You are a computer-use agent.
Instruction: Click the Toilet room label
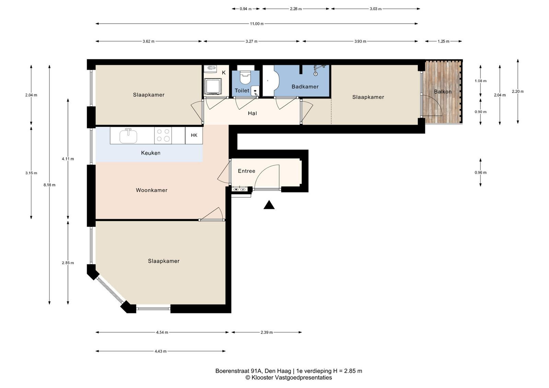(242, 90)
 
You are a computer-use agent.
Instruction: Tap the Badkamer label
(305, 87)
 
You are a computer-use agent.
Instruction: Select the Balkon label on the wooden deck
(443, 92)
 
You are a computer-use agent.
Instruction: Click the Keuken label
(151, 153)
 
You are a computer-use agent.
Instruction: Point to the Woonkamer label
(151, 190)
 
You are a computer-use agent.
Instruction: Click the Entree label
(247, 171)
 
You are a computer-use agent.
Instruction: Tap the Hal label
(252, 113)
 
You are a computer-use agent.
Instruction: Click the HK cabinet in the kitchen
(194, 135)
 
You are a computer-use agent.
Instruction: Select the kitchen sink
(128, 136)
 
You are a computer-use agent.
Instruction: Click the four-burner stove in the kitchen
(163, 135)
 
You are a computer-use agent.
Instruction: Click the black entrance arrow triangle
(269, 205)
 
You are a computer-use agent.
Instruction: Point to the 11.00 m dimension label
(257, 24)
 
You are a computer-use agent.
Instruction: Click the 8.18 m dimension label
(49, 185)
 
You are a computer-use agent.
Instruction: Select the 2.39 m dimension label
(266, 332)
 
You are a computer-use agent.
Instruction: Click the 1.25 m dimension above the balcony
(443, 41)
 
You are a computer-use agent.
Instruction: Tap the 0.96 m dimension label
(480, 173)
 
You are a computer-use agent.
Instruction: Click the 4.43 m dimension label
(160, 351)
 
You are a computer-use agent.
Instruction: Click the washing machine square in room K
(213, 86)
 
